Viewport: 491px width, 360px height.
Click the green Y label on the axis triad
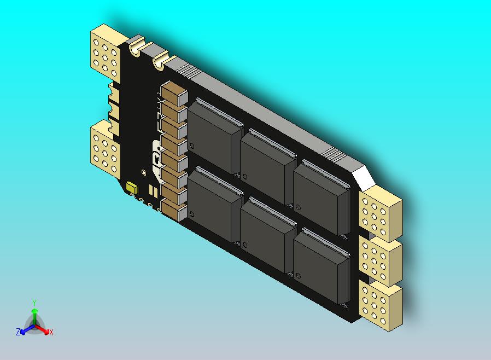(x=34, y=303)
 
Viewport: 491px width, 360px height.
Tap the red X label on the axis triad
(x=51, y=332)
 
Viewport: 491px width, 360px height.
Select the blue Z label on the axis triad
(x=18, y=332)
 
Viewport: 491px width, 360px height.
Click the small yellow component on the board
(x=132, y=187)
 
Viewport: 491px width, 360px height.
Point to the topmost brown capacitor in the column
(x=173, y=95)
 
